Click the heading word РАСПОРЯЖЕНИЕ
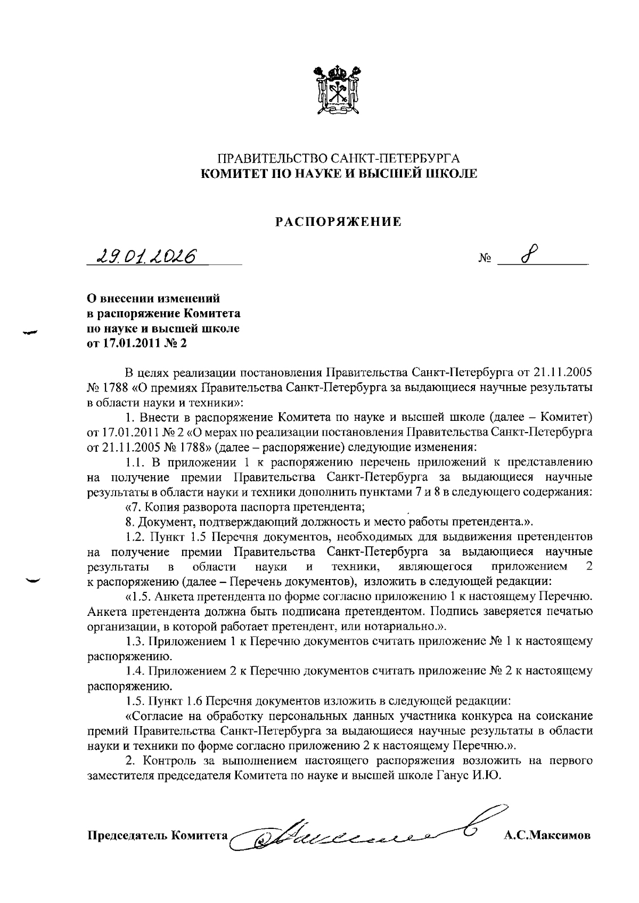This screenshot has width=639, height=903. pyautogui.click(x=338, y=222)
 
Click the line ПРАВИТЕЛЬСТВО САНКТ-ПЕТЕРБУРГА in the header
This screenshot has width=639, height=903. pyautogui.click(x=338, y=159)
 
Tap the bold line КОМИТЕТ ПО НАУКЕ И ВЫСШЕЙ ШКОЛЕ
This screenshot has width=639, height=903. pyautogui.click(x=338, y=173)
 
